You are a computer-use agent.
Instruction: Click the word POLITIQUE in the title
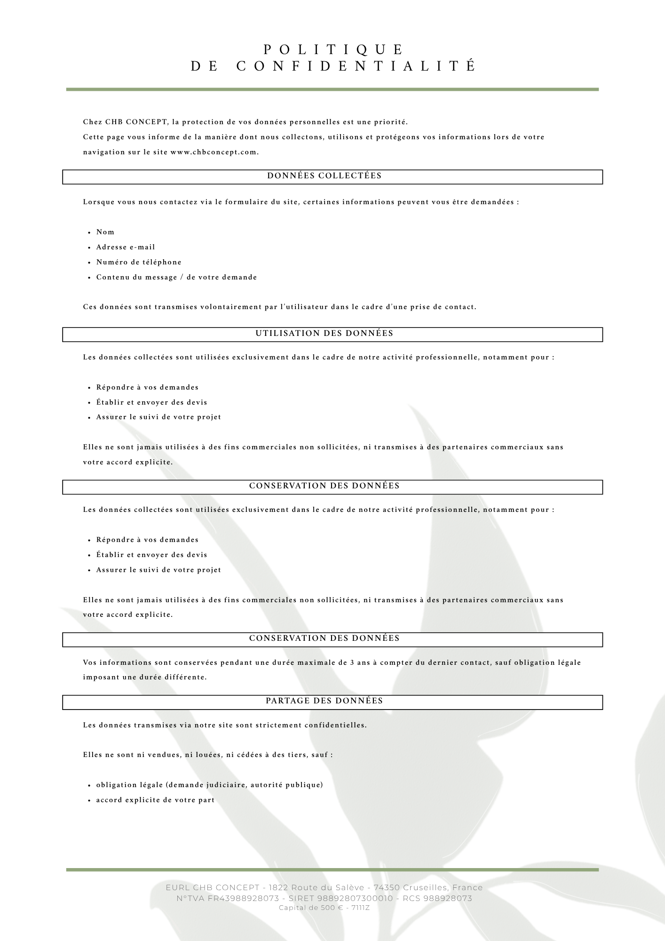click(333, 49)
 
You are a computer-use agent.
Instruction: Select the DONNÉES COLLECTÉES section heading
click(325, 176)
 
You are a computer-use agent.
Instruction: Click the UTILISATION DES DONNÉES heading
click(325, 334)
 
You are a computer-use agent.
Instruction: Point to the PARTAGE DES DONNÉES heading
click(325, 701)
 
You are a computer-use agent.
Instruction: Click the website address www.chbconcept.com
click(214, 152)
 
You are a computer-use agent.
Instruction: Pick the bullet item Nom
click(105, 232)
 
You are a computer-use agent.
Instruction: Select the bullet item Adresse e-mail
click(126, 247)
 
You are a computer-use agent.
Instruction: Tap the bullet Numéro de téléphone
click(139, 262)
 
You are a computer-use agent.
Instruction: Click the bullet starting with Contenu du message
click(176, 277)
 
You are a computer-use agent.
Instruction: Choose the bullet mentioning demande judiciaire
click(209, 785)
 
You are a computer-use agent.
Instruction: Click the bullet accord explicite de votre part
click(155, 800)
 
